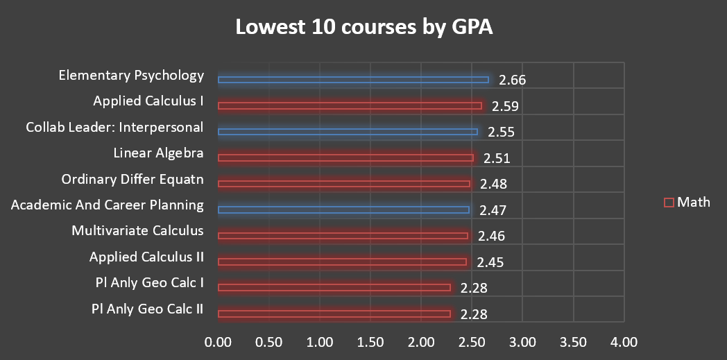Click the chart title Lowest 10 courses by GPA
click(x=363, y=28)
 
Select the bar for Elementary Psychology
click(x=353, y=80)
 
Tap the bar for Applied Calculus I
click(x=350, y=106)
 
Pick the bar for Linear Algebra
click(x=345, y=158)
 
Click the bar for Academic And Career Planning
click(x=343, y=210)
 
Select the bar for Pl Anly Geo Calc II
click(x=334, y=314)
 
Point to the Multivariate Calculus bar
click(x=343, y=237)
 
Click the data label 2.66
click(x=512, y=80)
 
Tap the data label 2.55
click(x=501, y=132)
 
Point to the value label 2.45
click(x=490, y=262)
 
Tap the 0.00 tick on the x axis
click(x=219, y=342)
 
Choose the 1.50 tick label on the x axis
click(x=370, y=342)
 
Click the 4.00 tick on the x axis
click(x=624, y=342)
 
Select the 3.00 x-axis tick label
click(x=522, y=342)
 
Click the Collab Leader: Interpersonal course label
click(x=114, y=128)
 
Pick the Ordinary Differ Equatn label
click(x=132, y=180)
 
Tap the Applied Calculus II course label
click(x=146, y=257)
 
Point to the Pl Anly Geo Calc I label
click(x=150, y=283)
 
